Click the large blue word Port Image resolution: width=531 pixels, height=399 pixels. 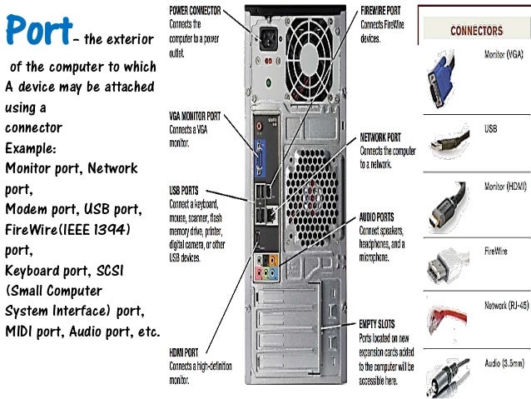[37, 31]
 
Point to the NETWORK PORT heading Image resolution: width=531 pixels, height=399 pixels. [380, 137]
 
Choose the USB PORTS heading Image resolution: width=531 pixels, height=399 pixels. [183, 191]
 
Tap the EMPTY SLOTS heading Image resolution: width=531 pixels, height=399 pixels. [378, 323]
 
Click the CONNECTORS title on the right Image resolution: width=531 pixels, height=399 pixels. [476, 31]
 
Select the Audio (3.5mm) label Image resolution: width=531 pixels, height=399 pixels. [504, 363]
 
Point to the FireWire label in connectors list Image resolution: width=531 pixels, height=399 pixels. [496, 248]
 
